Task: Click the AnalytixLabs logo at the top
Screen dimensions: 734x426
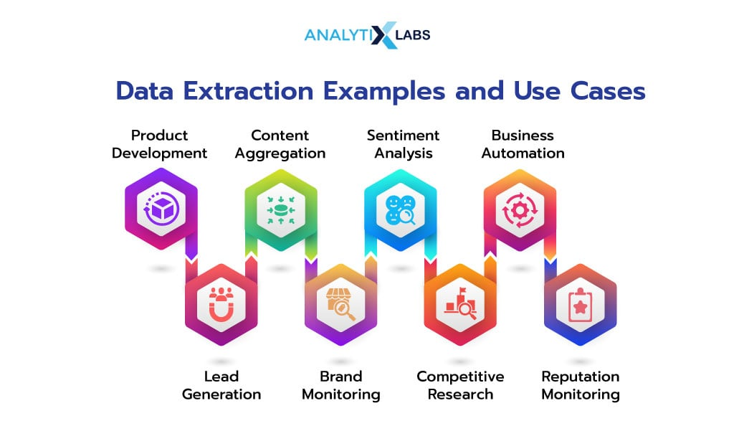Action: point(368,34)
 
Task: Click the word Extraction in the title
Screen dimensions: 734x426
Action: point(248,91)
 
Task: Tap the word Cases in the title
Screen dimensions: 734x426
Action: point(608,91)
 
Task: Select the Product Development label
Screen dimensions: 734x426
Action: point(159,144)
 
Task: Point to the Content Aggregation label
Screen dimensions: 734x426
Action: point(280,144)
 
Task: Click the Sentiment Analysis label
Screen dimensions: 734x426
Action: point(403,144)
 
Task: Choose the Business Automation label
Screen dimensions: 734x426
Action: point(523,144)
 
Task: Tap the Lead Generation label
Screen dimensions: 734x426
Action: point(221,385)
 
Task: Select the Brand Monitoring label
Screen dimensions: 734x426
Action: point(340,385)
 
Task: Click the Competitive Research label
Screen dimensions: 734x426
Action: point(460,385)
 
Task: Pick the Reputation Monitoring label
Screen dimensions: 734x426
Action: point(581,385)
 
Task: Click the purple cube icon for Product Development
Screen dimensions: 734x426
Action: point(161,209)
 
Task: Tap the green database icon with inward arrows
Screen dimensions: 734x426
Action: point(281,209)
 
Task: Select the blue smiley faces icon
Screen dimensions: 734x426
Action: point(400,209)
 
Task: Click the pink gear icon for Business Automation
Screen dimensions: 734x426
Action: point(520,210)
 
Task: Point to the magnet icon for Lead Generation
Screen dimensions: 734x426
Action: point(221,304)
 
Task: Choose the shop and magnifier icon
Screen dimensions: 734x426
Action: point(340,304)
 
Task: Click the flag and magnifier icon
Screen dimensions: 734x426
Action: point(461,303)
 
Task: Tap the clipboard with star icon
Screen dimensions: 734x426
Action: point(581,306)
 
